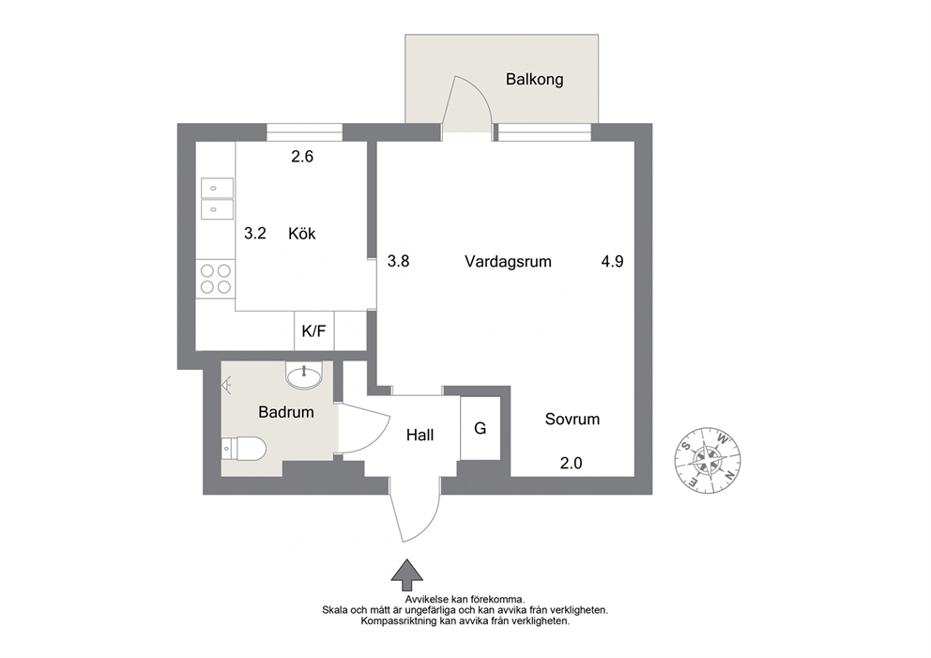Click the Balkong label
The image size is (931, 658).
click(x=534, y=80)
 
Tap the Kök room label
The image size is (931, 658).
click(x=301, y=234)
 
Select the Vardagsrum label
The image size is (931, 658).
click(x=508, y=262)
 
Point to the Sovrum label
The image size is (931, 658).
click(x=572, y=420)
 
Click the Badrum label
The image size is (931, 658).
click(x=285, y=412)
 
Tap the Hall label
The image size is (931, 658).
click(x=420, y=436)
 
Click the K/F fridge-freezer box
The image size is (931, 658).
click(x=314, y=330)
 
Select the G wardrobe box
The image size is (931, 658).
click(x=480, y=428)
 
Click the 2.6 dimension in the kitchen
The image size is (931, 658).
click(x=301, y=157)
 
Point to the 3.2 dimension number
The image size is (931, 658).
click(x=255, y=234)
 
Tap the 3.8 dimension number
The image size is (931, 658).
click(x=399, y=261)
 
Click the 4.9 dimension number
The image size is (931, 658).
click(x=612, y=261)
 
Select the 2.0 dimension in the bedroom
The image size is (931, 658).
click(x=572, y=463)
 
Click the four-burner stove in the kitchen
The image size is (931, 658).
click(x=216, y=279)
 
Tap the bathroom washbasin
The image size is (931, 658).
click(x=304, y=375)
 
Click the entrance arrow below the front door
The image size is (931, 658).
click(x=406, y=570)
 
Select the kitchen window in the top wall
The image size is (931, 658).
click(x=305, y=132)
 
